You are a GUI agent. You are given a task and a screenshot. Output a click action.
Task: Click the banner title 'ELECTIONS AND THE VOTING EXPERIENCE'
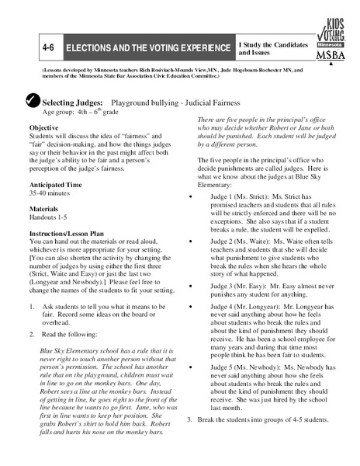pyautogui.click(x=147, y=48)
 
